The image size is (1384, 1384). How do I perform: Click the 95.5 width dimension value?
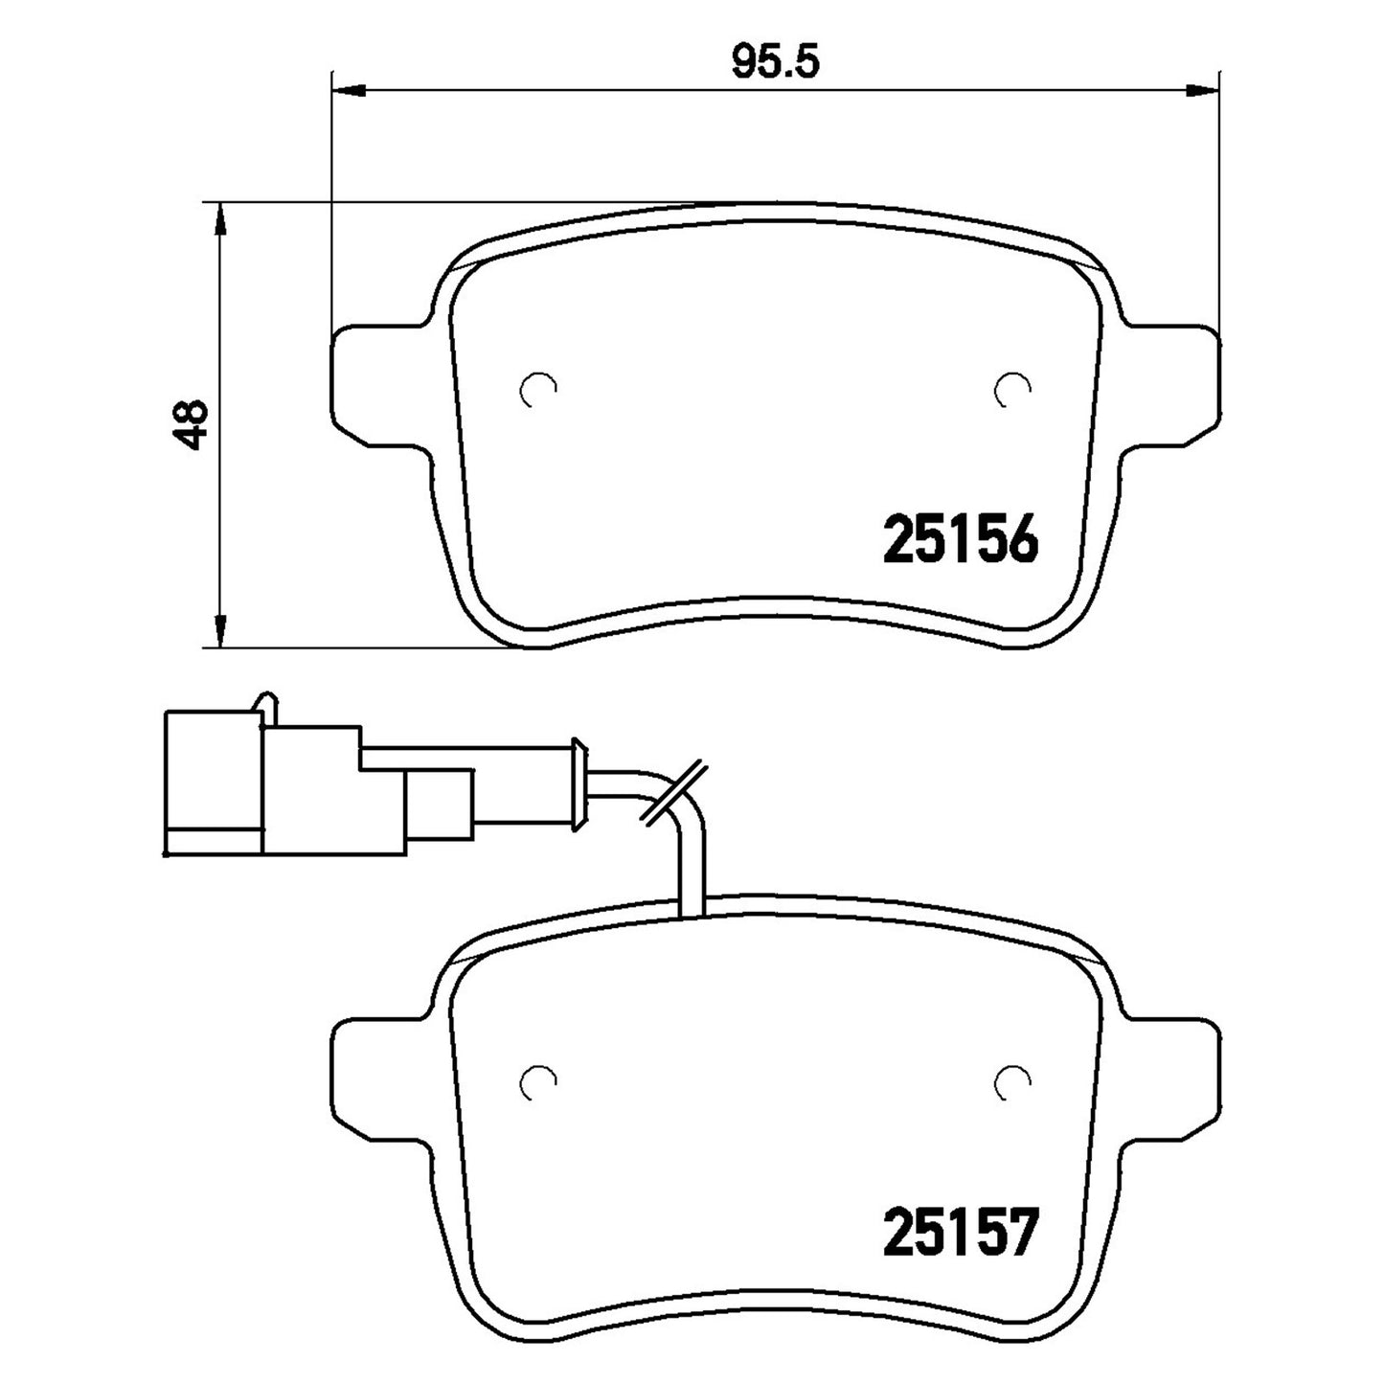click(775, 63)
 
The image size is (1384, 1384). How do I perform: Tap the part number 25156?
click(961, 538)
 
